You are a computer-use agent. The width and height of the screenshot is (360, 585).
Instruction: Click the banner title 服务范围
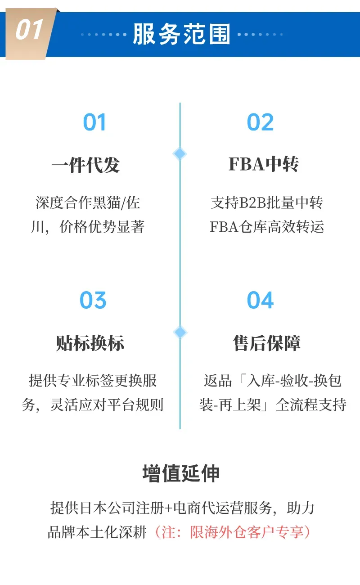coord(181,35)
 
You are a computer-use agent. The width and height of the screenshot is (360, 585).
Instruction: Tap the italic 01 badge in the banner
coord(30,31)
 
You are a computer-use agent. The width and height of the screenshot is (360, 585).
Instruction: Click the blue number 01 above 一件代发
coord(94,122)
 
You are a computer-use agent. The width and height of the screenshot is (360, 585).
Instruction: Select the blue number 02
coord(260,122)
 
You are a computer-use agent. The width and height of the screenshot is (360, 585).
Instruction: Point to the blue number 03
coord(93,300)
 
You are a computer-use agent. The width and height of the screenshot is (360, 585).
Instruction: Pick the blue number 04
coord(260,300)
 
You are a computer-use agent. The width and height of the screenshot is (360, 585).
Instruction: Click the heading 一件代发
coord(85,165)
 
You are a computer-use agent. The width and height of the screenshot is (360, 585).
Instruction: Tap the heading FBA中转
coord(263,164)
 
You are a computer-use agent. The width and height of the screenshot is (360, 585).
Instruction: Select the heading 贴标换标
coord(90,343)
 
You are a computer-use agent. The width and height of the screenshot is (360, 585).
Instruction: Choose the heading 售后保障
coord(266,343)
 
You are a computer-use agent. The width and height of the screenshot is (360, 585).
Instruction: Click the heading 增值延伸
coord(181,473)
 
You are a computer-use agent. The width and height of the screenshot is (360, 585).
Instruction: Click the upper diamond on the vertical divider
coord(180,154)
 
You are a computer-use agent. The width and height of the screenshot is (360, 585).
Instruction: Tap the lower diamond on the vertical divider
coord(180,333)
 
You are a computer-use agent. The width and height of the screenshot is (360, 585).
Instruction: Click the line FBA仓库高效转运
coord(266,227)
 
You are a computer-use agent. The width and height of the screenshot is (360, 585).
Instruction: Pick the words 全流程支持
coord(310,405)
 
